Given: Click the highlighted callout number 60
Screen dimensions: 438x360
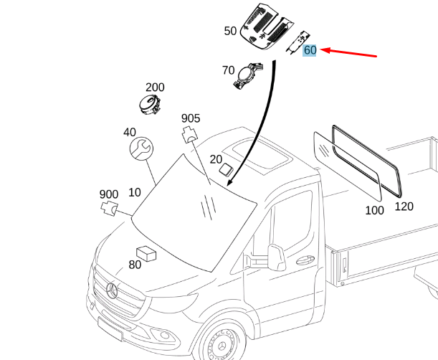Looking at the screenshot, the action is [x=310, y=50].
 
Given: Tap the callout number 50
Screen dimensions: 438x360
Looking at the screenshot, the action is [x=230, y=31].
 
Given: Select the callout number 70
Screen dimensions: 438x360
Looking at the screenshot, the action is [x=228, y=70].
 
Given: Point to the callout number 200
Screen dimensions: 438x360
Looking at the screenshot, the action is [x=155, y=87].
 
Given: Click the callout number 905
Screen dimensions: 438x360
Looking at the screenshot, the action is [x=191, y=118].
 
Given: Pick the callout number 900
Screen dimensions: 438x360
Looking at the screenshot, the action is [x=109, y=194].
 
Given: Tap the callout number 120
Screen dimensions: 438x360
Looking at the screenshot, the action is [x=404, y=207].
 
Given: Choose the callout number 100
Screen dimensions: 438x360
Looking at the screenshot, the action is [x=375, y=210].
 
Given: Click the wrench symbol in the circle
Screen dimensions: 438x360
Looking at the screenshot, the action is [x=142, y=148].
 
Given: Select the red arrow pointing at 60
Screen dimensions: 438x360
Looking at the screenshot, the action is [x=348, y=53].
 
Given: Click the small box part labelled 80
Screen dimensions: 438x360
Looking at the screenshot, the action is [x=146, y=254].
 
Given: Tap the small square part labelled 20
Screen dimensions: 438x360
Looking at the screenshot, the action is [x=226, y=170].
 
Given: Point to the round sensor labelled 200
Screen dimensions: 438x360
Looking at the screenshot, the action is [x=149, y=105].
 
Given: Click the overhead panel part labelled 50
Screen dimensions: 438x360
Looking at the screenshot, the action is [x=267, y=27].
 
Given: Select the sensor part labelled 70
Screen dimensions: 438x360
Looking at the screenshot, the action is [x=248, y=75].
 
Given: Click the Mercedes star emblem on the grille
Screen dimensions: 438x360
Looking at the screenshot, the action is [x=113, y=290].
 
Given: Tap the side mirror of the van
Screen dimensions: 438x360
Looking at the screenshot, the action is [x=276, y=257].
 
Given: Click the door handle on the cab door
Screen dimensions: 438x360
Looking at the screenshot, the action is [x=305, y=260].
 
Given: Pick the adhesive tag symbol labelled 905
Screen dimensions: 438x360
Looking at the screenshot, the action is [x=190, y=135].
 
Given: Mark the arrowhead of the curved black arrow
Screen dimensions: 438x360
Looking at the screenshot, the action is [x=230, y=181].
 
